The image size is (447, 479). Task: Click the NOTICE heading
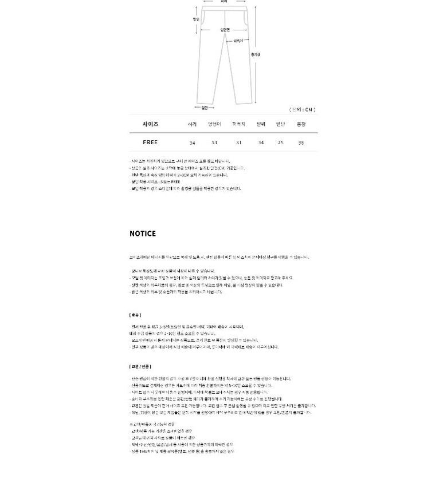(x=143, y=233)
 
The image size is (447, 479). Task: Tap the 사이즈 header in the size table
(x=150, y=124)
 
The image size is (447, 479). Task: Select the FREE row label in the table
(x=150, y=142)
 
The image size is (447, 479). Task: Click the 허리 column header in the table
(x=192, y=124)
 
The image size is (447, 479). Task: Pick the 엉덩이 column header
(x=214, y=124)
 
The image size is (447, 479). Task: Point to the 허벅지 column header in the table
(x=238, y=124)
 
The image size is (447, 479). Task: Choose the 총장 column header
(x=301, y=124)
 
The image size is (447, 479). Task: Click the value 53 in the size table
(x=214, y=142)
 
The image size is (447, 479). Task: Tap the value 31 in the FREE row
(x=238, y=142)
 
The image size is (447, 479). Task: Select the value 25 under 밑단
(x=280, y=142)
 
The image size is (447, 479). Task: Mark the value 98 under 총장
(x=301, y=142)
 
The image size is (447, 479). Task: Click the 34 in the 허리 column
(x=192, y=142)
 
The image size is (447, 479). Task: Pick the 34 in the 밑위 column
(x=261, y=142)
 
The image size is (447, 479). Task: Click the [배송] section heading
(x=135, y=315)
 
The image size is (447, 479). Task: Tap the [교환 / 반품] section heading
(x=140, y=366)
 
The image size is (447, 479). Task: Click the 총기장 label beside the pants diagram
(x=256, y=54)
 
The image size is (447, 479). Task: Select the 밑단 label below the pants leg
(x=205, y=108)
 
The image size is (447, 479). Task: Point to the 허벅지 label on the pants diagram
(x=238, y=41)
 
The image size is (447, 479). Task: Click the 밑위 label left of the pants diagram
(x=196, y=19)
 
